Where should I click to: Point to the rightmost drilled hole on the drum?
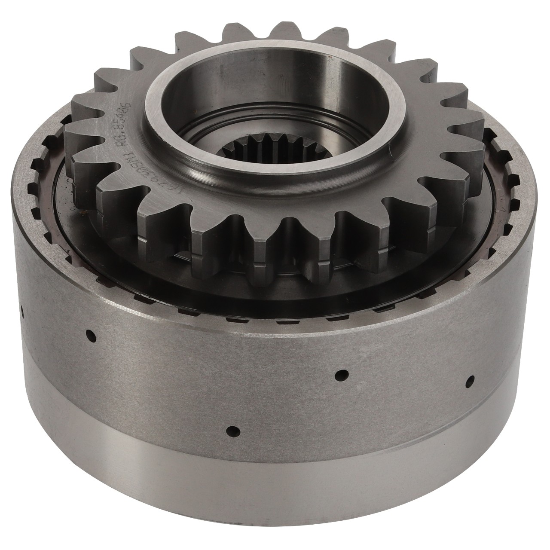click(x=471, y=380)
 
